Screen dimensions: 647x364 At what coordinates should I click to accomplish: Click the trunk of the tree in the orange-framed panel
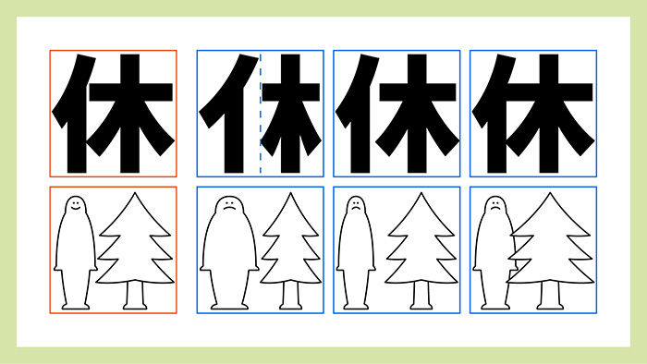pos(135,295)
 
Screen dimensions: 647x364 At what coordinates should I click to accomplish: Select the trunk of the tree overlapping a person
pos(550,295)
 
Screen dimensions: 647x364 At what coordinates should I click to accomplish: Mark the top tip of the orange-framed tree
pos(135,192)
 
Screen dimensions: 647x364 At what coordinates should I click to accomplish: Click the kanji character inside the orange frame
pos(113,114)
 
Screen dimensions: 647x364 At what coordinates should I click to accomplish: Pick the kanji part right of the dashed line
pos(292,114)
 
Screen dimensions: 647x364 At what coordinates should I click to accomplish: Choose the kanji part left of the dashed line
pos(229,114)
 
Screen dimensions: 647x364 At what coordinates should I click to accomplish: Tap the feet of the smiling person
pos(76,307)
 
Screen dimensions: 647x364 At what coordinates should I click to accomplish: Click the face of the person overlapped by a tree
pos(495,206)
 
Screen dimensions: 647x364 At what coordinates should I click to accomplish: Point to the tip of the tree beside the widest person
pos(291,192)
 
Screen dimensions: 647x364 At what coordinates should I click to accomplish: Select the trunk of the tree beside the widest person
pos(291,295)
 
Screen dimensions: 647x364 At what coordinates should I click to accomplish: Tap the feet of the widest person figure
pos(229,307)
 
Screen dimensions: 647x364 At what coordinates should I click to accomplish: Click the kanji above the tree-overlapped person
pos(533,114)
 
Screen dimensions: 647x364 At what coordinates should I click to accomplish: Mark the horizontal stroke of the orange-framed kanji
pos(131,92)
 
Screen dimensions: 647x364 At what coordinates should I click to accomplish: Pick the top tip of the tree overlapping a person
pos(550,192)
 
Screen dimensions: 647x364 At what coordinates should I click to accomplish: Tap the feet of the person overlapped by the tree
pos(495,307)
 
